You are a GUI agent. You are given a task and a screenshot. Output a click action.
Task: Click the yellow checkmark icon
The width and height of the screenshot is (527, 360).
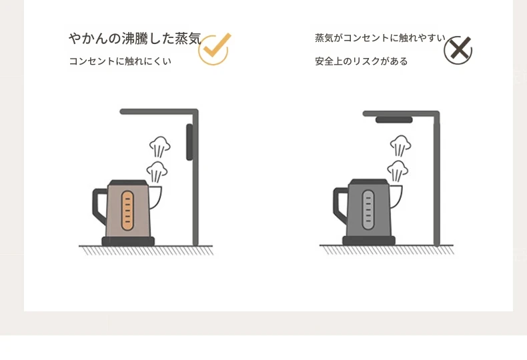(213, 50)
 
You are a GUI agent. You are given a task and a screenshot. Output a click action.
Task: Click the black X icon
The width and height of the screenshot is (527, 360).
(458, 50)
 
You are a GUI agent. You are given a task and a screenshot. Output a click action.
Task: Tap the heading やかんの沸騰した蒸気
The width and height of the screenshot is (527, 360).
(135, 39)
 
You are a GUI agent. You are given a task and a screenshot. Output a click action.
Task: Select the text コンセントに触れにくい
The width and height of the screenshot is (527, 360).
(120, 61)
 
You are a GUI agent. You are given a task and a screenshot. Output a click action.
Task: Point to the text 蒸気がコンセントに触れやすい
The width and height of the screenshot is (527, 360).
(380, 38)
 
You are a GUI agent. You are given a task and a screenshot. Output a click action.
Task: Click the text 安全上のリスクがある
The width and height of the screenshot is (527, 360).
(362, 61)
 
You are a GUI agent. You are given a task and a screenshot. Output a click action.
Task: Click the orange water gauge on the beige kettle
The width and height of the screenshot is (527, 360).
(127, 211)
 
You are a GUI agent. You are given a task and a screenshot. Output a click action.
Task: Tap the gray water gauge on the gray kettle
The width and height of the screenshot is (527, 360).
(368, 210)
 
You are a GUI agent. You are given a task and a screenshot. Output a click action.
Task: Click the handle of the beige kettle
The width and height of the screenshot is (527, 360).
(97, 205)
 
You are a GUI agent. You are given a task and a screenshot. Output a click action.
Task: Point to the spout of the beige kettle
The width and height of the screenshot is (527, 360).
(155, 197)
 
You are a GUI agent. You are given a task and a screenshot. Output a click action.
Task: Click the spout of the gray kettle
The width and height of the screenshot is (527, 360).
(396, 196)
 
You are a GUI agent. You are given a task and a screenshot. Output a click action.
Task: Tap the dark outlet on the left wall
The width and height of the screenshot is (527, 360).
(189, 142)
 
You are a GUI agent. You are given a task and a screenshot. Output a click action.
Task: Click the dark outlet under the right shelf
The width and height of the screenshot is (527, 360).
(394, 120)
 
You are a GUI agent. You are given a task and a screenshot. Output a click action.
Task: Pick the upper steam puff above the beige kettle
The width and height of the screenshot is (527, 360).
(160, 147)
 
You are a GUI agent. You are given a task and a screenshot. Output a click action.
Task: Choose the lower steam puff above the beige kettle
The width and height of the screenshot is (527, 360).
(157, 171)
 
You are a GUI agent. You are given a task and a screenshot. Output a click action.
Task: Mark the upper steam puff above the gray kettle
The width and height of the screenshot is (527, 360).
(401, 146)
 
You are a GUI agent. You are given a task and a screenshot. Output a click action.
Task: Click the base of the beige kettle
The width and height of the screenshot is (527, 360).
(128, 241)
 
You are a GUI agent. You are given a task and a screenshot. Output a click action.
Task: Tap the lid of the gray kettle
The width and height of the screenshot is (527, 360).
(369, 183)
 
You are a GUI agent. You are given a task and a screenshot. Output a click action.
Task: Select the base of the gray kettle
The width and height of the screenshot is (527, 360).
(369, 241)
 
